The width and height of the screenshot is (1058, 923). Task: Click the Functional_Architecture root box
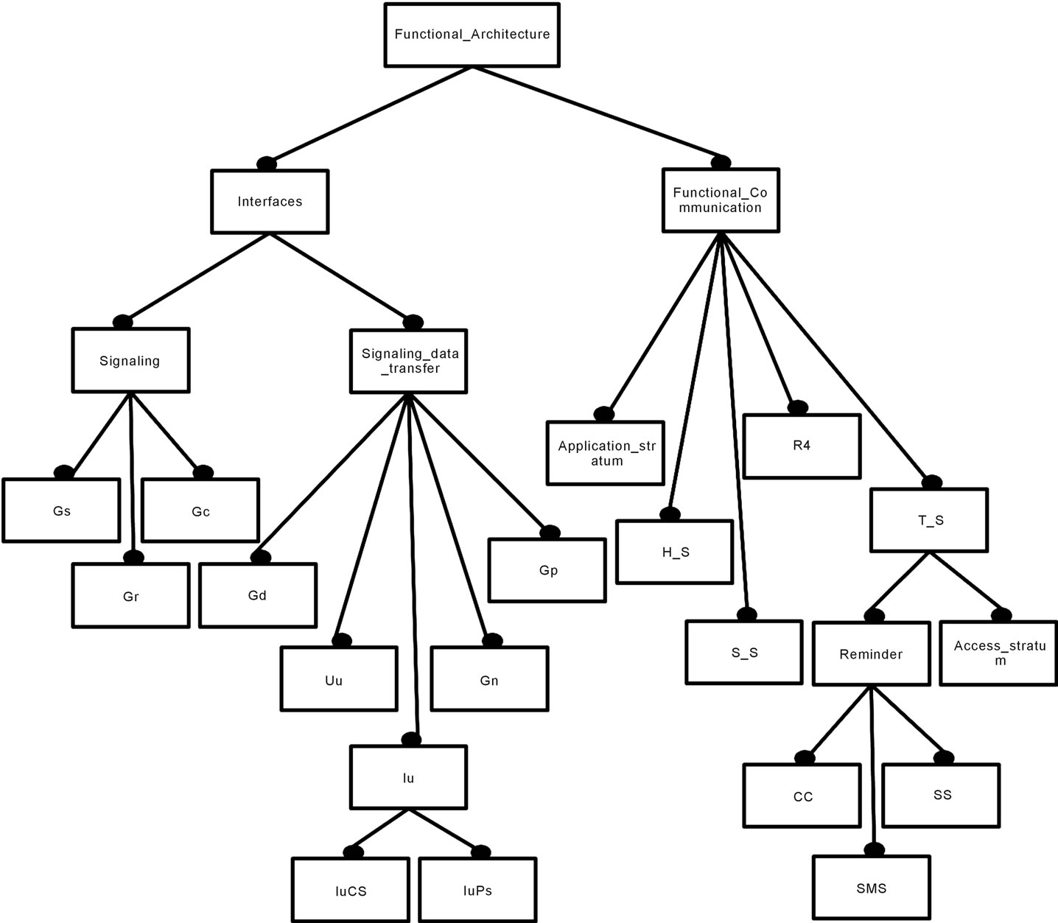click(x=472, y=35)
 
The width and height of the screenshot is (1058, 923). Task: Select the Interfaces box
click(x=270, y=202)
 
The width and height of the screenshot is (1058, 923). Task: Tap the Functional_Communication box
click(x=720, y=200)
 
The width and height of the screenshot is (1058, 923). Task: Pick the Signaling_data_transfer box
click(x=408, y=361)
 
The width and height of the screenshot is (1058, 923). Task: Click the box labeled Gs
click(x=61, y=510)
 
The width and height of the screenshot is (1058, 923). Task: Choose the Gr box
click(x=130, y=595)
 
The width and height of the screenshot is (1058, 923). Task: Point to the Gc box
click(x=200, y=510)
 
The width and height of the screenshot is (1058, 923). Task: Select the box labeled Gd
click(x=257, y=595)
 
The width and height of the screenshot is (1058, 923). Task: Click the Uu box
click(x=339, y=679)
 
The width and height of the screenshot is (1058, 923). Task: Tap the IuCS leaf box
click(x=350, y=890)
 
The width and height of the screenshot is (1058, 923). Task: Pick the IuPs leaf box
click(x=477, y=890)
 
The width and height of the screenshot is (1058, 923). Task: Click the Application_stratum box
click(x=606, y=453)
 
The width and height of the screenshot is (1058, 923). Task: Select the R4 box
click(x=802, y=446)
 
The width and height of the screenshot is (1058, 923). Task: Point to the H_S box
click(x=674, y=552)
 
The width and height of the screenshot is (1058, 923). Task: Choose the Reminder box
click(x=871, y=653)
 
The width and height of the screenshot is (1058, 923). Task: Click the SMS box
click(x=872, y=888)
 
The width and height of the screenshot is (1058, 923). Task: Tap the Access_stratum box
click(x=999, y=653)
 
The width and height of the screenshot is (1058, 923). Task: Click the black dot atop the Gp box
click(x=550, y=533)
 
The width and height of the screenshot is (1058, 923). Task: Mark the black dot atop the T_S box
click(x=932, y=482)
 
